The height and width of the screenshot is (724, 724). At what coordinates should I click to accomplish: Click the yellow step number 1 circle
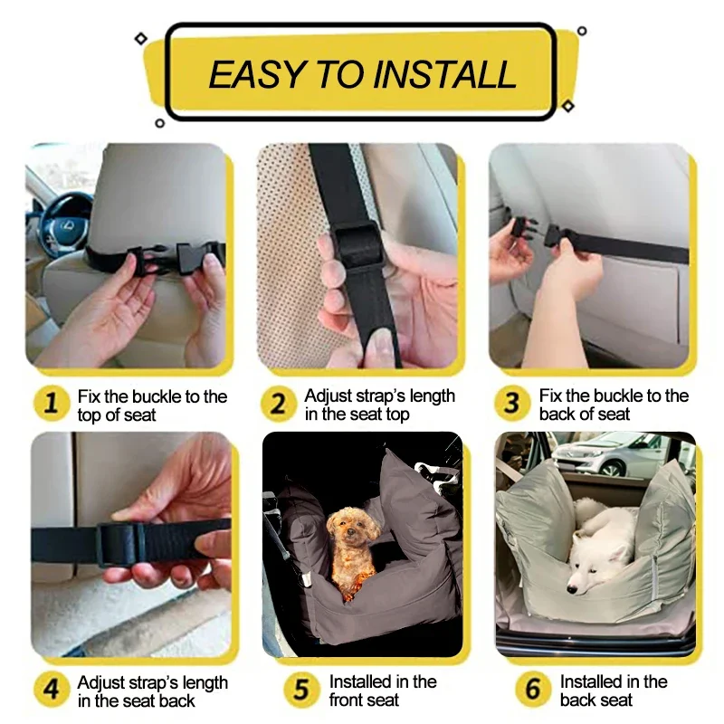pos(52,403)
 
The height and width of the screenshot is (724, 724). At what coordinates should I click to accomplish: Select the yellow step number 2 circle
pos(278,404)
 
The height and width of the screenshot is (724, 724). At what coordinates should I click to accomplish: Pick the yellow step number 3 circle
pos(511,403)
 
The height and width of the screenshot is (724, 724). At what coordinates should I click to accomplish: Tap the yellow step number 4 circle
pos(52,690)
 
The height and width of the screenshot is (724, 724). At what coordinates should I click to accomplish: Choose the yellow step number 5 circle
pos(301,690)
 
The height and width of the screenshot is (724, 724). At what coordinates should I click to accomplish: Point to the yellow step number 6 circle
pos(533,690)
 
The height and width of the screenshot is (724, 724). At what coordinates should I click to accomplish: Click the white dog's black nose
pos(573,590)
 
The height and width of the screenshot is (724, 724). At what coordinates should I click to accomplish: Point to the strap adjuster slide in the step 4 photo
pos(121,545)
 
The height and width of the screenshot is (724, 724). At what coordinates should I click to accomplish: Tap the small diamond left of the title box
pos(141,38)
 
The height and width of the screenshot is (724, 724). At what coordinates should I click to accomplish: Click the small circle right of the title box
pos(582,31)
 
